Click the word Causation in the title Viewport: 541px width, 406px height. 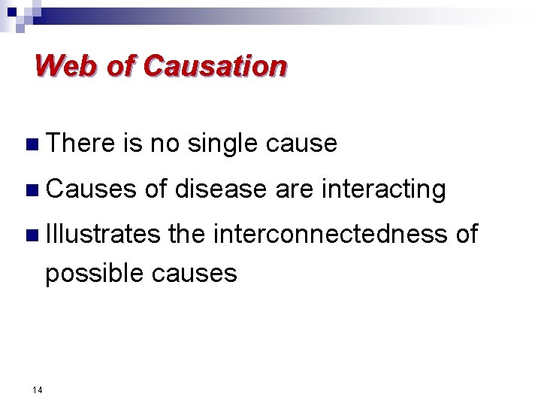[215, 66]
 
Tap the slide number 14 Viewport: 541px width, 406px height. [37, 389]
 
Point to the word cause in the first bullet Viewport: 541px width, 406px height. [302, 143]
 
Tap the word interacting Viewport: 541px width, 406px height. [382, 189]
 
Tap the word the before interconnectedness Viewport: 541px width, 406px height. [186, 234]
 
